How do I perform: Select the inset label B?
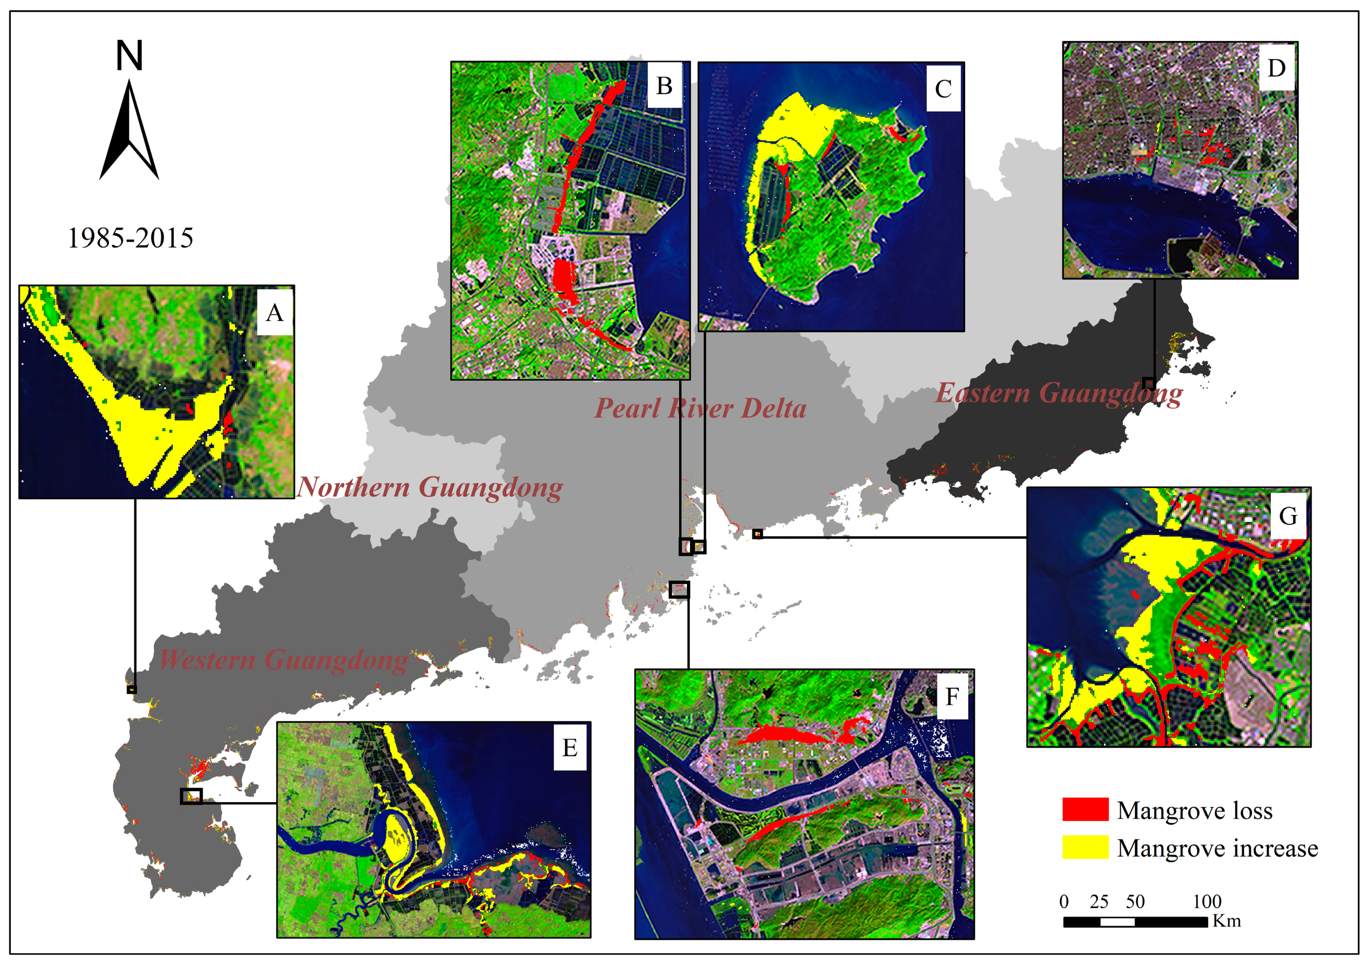click(664, 86)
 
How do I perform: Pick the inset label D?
click(1276, 68)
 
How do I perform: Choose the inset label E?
click(570, 747)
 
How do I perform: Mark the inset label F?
click(952, 696)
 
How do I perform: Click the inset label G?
click(1288, 516)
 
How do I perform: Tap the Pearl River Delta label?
click(701, 409)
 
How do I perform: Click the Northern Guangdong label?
click(429, 487)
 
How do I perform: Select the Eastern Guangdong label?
click(1059, 394)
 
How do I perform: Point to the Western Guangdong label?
click(283, 660)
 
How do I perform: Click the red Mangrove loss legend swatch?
click(1085, 809)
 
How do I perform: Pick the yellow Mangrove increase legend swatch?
click(1085, 847)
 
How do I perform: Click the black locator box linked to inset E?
click(191, 796)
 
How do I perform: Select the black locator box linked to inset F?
click(679, 590)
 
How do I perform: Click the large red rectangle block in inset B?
click(562, 275)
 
